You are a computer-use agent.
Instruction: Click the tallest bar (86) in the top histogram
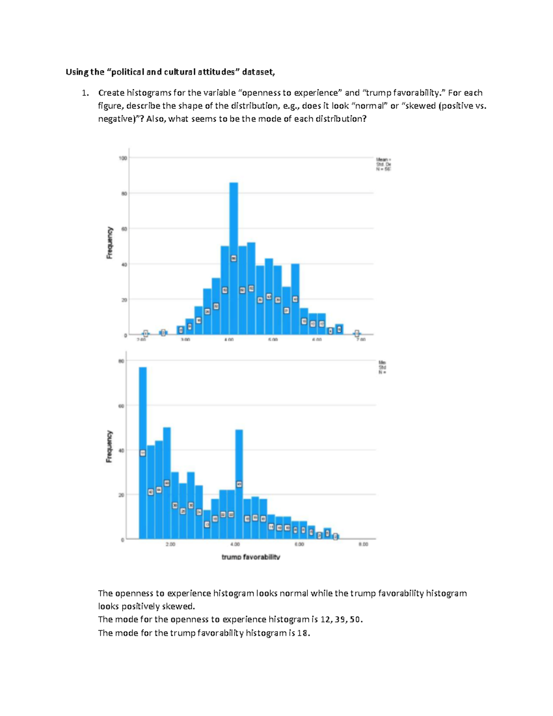234,221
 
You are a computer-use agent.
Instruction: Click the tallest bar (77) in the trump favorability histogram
143,415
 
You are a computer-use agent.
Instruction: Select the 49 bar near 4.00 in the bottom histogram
239,461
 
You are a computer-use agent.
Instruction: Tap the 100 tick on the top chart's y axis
123,158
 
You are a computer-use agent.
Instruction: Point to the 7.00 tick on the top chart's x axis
361,340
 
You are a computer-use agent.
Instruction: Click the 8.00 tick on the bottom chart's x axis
363,544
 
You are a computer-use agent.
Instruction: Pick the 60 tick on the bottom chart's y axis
121,406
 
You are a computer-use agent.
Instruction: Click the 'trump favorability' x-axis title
251,557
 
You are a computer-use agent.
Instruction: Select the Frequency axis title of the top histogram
110,243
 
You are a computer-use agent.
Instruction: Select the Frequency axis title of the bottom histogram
109,446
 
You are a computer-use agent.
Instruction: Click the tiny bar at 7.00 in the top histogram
357,333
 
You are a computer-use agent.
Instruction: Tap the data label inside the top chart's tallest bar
234,259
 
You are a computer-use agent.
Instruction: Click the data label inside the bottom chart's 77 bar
143,453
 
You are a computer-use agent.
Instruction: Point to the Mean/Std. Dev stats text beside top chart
383,164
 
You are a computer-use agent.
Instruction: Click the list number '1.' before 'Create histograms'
85,93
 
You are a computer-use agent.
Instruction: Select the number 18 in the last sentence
303,633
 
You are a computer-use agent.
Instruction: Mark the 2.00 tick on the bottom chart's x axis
170,544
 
